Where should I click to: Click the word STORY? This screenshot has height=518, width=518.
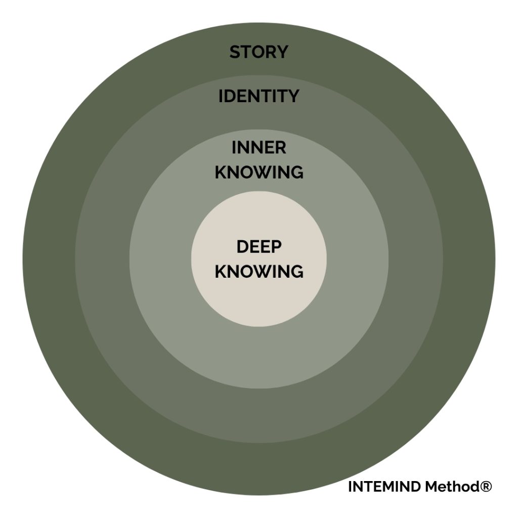[x=258, y=52]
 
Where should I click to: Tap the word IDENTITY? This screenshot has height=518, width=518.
[x=258, y=96]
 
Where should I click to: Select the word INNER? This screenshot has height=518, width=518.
[x=258, y=148]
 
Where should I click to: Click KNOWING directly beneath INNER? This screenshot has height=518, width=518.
[x=258, y=172]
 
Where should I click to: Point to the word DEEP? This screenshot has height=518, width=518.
[x=258, y=247]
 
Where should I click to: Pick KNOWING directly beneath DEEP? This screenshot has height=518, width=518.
[x=258, y=271]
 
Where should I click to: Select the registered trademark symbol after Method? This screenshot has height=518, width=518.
[x=485, y=487]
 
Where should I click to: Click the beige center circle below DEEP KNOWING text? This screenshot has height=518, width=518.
[x=258, y=304]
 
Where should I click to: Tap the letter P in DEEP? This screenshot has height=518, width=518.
[x=276, y=247]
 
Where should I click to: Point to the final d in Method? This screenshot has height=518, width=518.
[x=472, y=487]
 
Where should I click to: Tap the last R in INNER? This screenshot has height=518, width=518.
[x=281, y=148]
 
